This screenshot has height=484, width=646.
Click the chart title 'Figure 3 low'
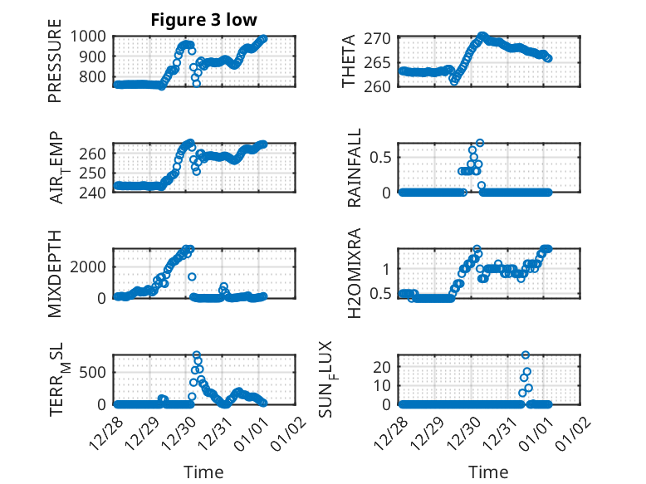click(x=204, y=20)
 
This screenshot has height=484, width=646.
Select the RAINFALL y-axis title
click(x=354, y=167)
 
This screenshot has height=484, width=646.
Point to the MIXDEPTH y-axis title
click(x=56, y=273)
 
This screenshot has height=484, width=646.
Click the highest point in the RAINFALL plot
click(x=479, y=143)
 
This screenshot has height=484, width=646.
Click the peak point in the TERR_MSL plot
click(x=197, y=355)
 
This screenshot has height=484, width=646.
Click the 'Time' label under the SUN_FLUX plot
click(x=488, y=472)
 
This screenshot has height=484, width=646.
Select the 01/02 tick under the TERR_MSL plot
click(x=292, y=424)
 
